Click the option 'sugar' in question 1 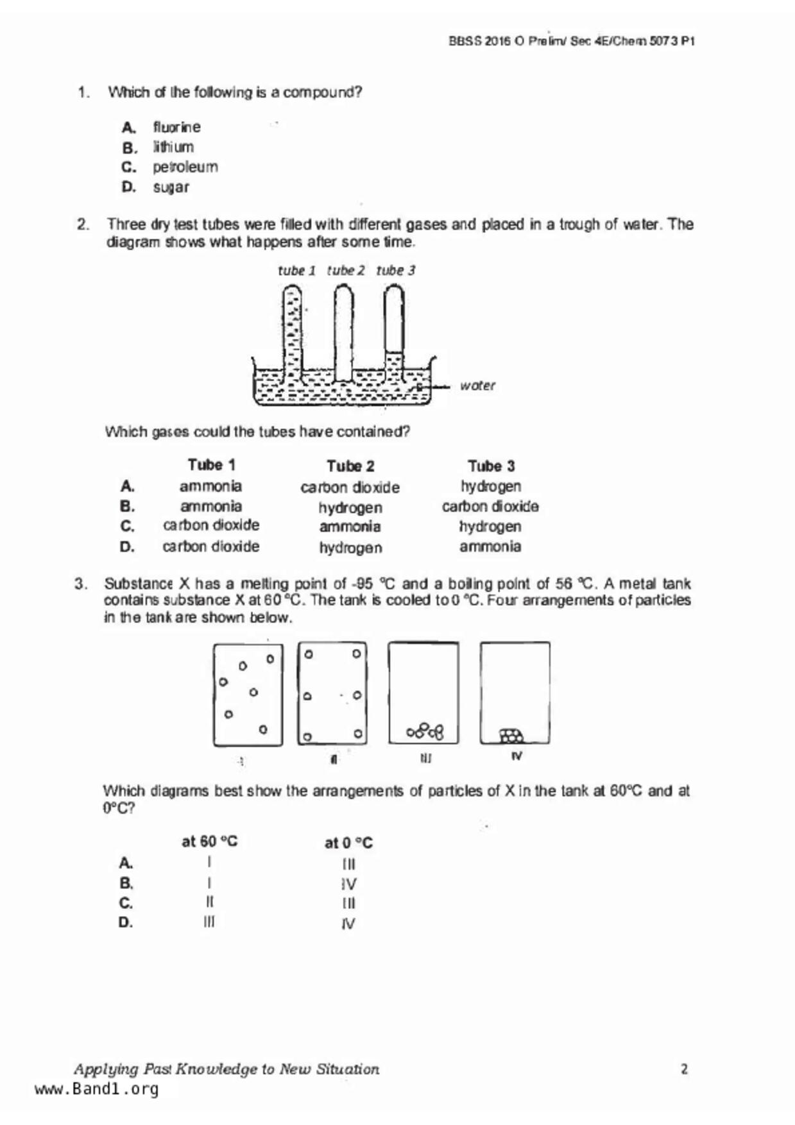coord(171,187)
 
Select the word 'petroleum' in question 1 coord(185,167)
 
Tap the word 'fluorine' coord(176,127)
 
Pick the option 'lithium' coord(173,147)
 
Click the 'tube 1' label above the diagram coord(296,271)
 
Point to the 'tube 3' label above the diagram coord(395,271)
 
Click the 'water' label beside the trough coord(477,385)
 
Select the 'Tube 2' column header coord(350,466)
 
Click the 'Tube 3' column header coord(491,466)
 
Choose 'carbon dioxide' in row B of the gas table coord(490,507)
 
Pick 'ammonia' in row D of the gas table coord(490,547)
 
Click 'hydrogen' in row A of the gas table coord(490,486)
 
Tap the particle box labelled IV coord(515,693)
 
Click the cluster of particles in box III coord(425,731)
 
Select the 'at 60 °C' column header coord(209,842)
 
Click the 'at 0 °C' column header coord(348,843)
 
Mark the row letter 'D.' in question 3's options coord(126,923)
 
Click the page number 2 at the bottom coord(684,1069)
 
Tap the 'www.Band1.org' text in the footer coord(96,1089)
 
